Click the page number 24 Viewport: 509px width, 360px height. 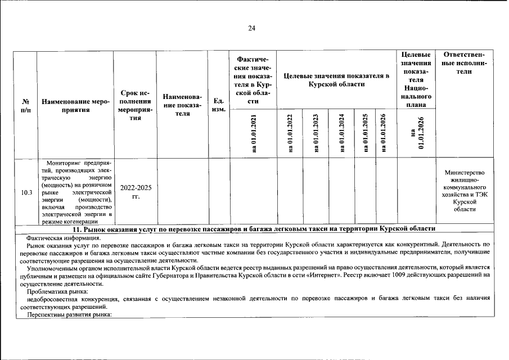(x=252, y=29)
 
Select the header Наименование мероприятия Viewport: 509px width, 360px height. (x=75, y=106)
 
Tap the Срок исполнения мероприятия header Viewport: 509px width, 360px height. (x=136, y=105)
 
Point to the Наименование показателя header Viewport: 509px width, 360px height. (x=182, y=105)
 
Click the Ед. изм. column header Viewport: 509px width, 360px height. (x=219, y=105)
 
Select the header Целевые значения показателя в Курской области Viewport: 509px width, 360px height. (x=336, y=80)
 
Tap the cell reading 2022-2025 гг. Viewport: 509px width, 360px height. (x=136, y=192)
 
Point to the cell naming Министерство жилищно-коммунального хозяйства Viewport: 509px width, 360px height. (x=464, y=191)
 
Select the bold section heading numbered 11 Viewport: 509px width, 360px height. (x=255, y=229)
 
